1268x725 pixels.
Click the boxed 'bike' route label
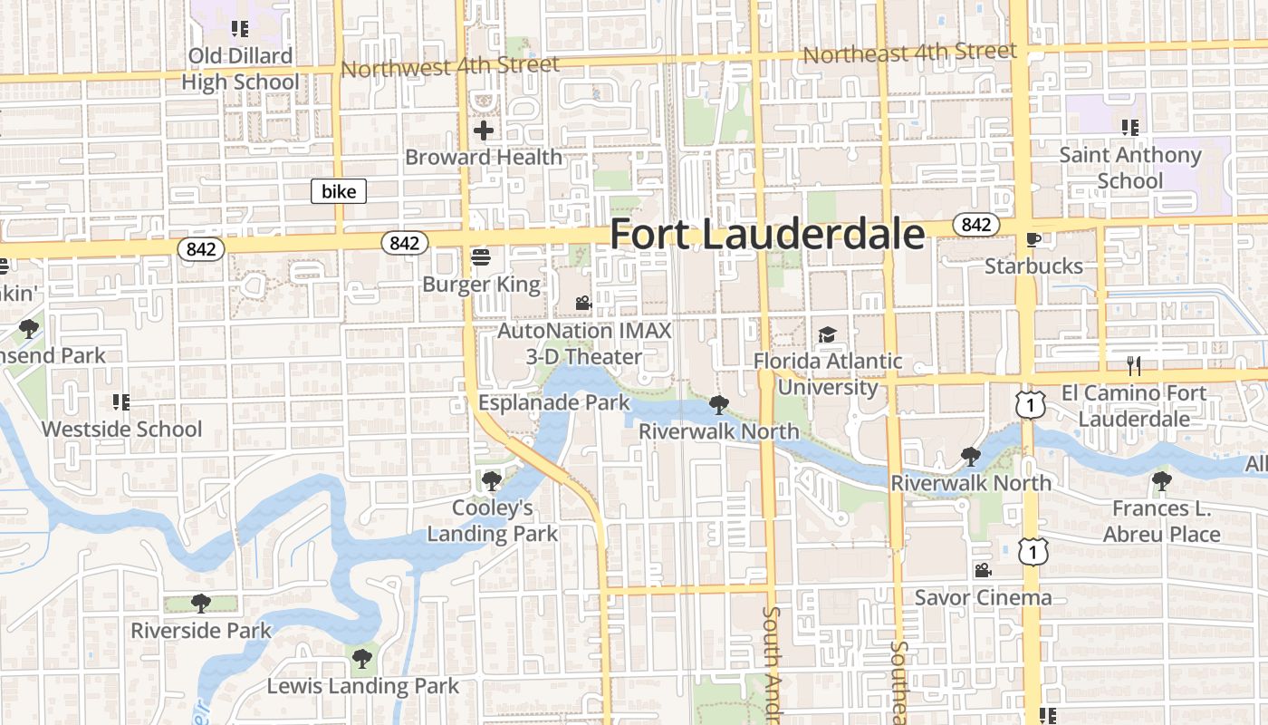[339, 191]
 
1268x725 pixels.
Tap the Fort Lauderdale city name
[767, 234]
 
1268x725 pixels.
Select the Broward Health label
[484, 157]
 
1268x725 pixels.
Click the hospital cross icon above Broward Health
[484, 130]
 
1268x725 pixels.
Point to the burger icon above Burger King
[481, 258]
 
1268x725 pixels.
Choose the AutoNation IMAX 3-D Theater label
[584, 343]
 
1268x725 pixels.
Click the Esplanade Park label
[553, 402]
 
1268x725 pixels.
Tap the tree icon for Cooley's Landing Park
[492, 480]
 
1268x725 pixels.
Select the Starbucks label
[1033, 266]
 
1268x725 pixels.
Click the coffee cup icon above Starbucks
[1033, 239]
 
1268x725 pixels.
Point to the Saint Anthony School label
[1130, 168]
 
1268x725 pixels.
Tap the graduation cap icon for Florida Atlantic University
[827, 335]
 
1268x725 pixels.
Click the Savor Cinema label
[983, 597]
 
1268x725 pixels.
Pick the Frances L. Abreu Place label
[1161, 521]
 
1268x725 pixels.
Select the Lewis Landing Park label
[363, 686]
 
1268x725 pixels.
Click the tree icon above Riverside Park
[201, 603]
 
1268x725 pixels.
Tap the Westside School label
[121, 429]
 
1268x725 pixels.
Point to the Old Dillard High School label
[240, 69]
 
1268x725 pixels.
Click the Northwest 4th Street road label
[450, 66]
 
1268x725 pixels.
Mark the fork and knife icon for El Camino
[1133, 366]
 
